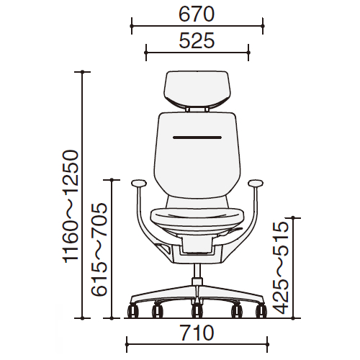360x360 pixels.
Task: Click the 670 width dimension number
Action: click(197, 14)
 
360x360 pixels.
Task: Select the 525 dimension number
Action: click(197, 40)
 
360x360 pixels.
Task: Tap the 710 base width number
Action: click(197, 333)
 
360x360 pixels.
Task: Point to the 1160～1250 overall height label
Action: click(71, 207)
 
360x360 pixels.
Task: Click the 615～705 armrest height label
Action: click(99, 250)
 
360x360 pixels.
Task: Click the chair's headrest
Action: click(197, 90)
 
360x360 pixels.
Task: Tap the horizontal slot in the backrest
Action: click(197, 138)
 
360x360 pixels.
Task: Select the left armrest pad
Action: click(139, 184)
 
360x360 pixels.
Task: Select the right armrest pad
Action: click(256, 184)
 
